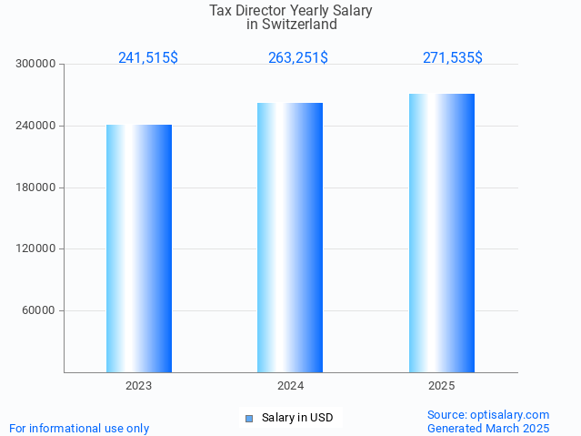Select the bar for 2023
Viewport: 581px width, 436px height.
pos(139,248)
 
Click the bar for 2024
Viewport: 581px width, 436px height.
pos(290,238)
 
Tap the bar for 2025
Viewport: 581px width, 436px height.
pos(442,233)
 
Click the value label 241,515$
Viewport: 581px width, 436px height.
pos(148,58)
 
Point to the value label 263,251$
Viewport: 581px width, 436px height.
pos(298,58)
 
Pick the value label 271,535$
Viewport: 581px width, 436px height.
pos(453,58)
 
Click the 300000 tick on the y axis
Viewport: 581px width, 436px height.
pos(36,65)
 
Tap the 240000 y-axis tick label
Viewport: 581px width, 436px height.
pos(36,126)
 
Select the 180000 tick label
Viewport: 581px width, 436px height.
pos(36,188)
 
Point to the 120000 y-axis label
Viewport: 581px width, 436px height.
pos(36,248)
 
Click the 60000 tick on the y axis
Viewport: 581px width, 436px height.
pos(40,310)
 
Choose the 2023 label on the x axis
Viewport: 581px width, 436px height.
pos(139,386)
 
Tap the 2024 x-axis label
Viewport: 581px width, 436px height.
pos(290,386)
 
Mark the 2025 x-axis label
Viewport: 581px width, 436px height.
pos(442,386)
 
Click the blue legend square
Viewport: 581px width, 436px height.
pos(249,419)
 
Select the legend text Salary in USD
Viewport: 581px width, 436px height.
pos(297,419)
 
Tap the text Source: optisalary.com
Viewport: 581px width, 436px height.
pos(488,415)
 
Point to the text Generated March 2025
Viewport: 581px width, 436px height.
pos(488,428)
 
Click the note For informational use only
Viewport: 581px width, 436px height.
pos(79,429)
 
